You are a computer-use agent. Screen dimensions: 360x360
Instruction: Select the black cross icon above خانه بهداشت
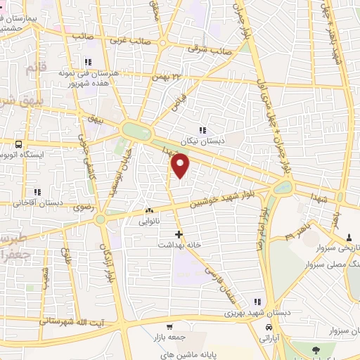coord(179,233)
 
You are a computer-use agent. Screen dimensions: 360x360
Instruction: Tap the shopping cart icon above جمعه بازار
coord(169,327)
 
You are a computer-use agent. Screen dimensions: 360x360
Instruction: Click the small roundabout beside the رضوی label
coord(101,219)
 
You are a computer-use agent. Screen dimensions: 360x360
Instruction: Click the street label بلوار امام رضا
coord(260,229)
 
